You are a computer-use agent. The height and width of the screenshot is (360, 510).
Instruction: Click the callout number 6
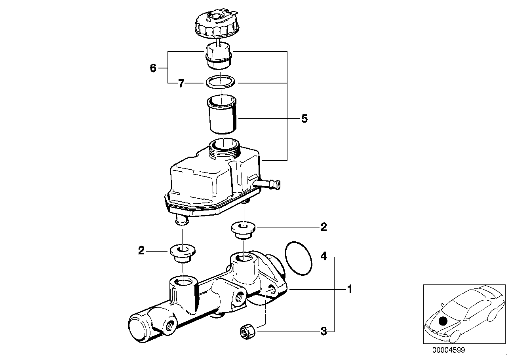[x=153, y=68]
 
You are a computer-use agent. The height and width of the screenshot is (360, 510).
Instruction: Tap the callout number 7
[x=181, y=83]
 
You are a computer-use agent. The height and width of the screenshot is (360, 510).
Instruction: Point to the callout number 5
[x=304, y=118]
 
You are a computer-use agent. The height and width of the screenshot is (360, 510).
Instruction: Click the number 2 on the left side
[x=141, y=250]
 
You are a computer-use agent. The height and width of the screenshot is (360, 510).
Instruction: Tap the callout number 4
[x=324, y=257]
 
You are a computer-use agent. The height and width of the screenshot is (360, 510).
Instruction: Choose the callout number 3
[x=324, y=332]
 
